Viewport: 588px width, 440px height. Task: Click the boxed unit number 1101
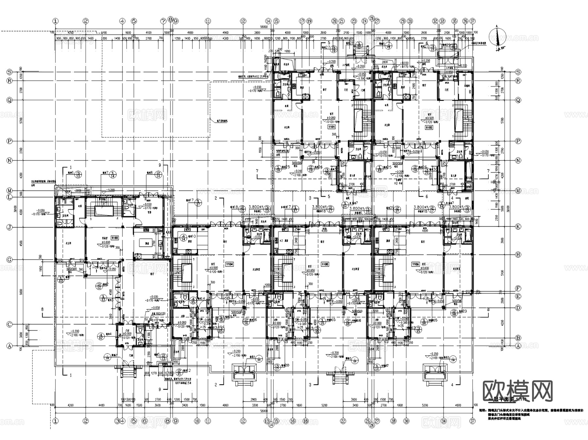(332, 127)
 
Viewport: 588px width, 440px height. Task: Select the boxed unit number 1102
(429, 127)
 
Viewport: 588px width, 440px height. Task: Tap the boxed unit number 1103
(115, 238)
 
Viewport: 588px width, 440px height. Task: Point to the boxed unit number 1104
(230, 264)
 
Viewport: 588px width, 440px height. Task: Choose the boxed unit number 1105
(325, 264)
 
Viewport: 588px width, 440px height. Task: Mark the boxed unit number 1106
(416, 264)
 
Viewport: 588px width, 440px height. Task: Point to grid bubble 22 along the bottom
(343, 421)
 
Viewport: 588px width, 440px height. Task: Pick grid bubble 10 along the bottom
(197, 421)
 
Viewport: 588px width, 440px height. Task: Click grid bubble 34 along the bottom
(443, 421)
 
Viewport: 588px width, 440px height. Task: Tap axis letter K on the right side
(518, 226)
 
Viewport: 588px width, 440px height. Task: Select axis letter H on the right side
(518, 254)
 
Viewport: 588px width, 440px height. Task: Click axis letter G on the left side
(9, 260)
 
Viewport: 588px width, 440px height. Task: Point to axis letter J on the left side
(9, 227)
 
